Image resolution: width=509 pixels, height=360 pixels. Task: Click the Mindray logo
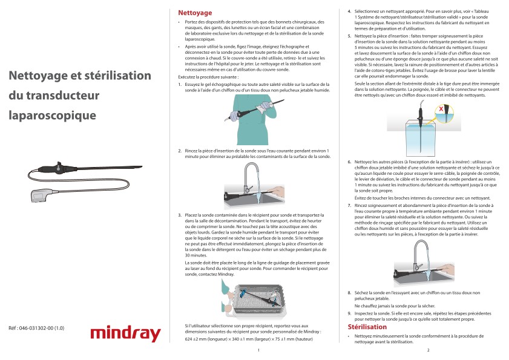pyautogui.click(x=125, y=333)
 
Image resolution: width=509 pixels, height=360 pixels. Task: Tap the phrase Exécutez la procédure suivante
pyautogui.click(x=209, y=77)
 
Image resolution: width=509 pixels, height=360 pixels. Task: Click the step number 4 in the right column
pyautogui.click(x=349, y=11)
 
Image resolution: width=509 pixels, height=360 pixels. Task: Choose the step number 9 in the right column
pyautogui.click(x=349, y=313)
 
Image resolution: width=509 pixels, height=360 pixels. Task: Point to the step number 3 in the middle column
pyautogui.click(x=180, y=215)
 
